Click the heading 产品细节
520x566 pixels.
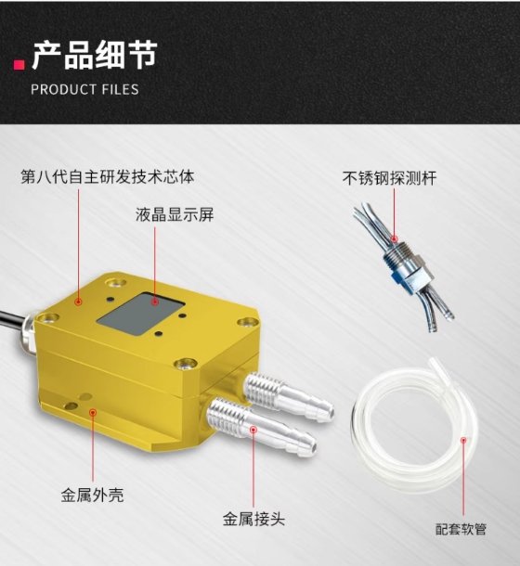95,55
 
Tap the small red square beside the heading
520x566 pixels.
19,64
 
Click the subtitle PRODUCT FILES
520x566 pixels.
84,89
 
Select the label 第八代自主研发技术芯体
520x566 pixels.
108,177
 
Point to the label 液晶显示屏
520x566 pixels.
175,214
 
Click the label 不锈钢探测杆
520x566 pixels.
389,178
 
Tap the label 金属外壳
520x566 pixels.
92,495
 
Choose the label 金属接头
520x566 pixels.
253,519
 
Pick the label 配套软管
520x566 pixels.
461,529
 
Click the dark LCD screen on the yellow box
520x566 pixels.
141,314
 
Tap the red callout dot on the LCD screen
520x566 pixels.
155,301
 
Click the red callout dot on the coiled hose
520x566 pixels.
463,440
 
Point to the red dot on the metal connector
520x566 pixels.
253,430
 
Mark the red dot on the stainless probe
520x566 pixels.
395,238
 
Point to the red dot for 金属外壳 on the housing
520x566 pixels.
93,412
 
